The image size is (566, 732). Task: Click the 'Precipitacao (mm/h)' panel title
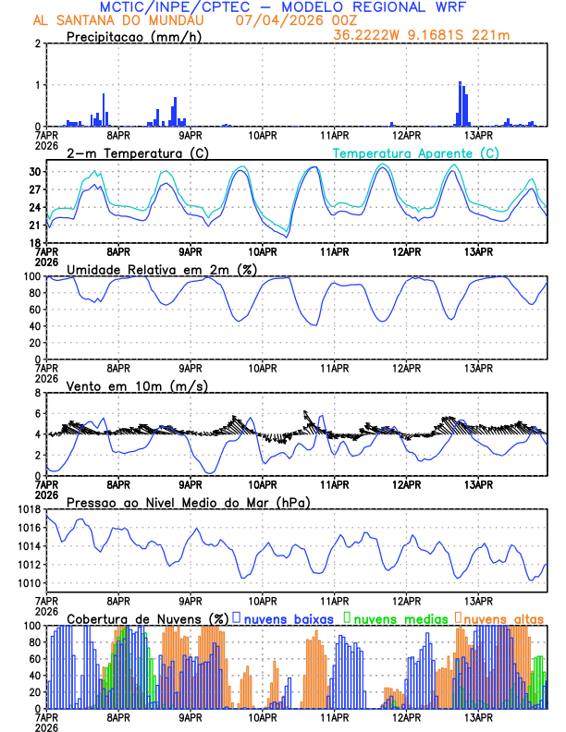tap(134, 37)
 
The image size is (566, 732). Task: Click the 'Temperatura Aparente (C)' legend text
tap(416, 152)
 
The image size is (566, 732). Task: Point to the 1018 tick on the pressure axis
tap(31, 509)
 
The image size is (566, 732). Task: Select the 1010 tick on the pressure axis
tap(31, 583)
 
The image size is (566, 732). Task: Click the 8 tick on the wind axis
tap(38, 393)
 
